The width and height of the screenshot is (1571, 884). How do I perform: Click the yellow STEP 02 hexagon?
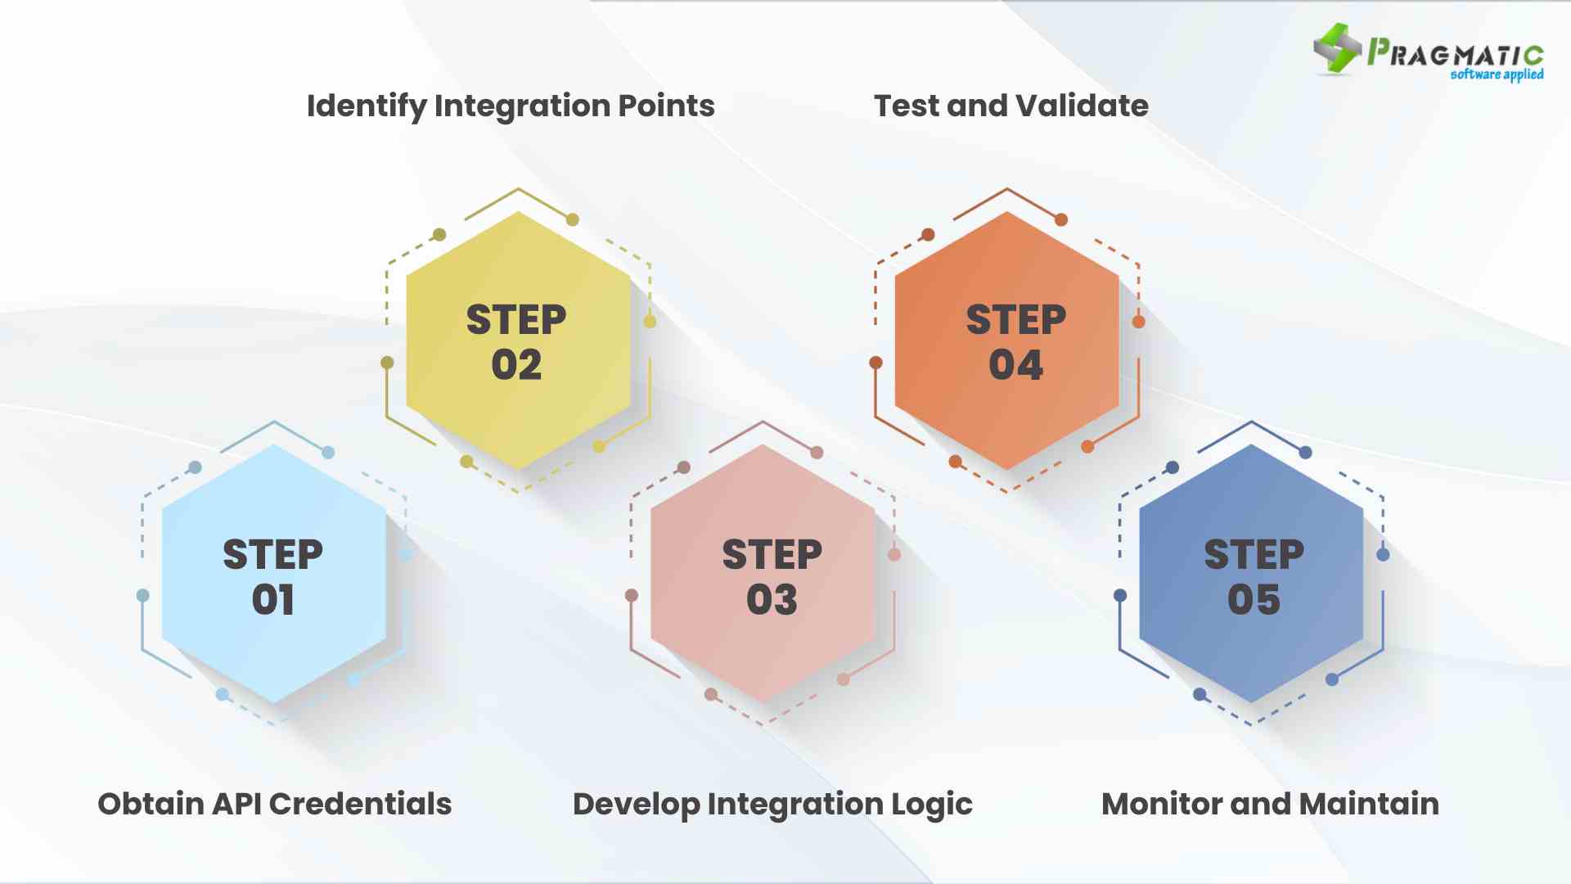point(518,341)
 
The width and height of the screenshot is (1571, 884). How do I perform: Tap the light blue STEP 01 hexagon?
point(274,574)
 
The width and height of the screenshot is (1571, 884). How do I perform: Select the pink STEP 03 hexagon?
point(763,574)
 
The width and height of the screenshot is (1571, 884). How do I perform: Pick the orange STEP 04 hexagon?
point(1006,341)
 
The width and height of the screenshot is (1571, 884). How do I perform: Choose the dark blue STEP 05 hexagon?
point(1251,574)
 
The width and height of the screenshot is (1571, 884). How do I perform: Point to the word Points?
point(666,106)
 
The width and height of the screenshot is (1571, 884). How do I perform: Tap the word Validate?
point(1082,106)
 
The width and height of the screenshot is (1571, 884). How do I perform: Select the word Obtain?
point(151,804)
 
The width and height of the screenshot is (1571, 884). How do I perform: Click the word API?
point(236,804)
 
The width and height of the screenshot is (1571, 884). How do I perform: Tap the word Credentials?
point(360,804)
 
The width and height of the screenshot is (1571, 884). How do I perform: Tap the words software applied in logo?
point(1497,74)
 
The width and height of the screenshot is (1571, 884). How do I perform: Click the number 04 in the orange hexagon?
point(1015,365)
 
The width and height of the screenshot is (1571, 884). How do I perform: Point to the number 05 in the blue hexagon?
point(1254,600)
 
